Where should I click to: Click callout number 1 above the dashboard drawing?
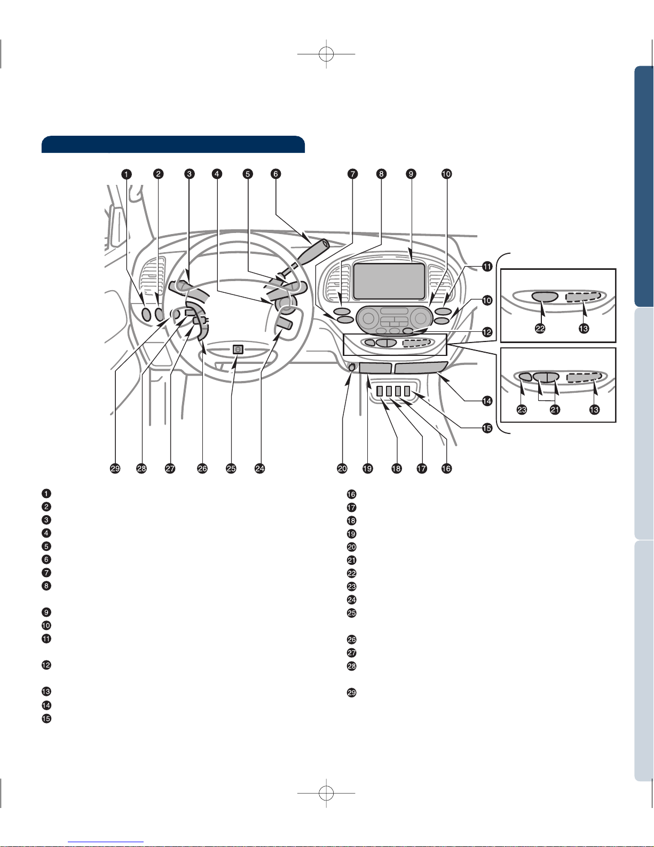(125, 174)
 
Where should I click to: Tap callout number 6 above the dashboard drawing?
(275, 174)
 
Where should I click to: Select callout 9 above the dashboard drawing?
(411, 174)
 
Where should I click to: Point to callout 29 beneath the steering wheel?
(115, 469)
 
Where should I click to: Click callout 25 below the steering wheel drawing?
(231, 469)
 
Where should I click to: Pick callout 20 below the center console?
(342, 469)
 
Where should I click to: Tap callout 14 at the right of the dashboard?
(487, 400)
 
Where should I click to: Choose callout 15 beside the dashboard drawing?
(487, 428)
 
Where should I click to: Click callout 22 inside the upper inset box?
(540, 329)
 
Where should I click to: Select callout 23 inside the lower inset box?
(522, 410)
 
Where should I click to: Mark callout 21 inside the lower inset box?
(555, 410)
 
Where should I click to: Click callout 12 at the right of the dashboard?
(487, 332)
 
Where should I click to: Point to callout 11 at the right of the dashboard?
(487, 267)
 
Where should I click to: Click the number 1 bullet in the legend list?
(46, 493)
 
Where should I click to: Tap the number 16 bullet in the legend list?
(352, 494)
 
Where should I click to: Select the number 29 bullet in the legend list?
(352, 693)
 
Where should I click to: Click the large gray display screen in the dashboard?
(389, 282)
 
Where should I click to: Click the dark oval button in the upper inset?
(545, 297)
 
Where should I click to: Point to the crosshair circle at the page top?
(326, 54)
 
